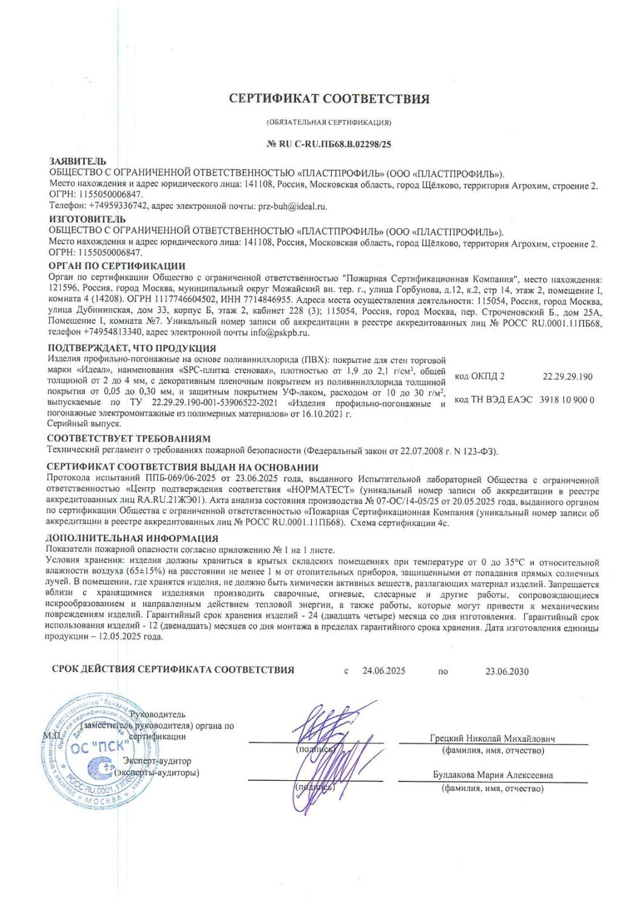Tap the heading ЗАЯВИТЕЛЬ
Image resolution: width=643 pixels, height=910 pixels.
78,161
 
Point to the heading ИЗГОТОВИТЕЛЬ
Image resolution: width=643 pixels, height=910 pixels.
87,219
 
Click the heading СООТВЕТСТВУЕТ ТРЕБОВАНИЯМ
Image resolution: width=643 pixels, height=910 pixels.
128,438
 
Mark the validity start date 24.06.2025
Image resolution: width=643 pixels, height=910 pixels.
384,671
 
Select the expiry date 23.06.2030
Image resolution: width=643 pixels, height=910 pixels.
507,671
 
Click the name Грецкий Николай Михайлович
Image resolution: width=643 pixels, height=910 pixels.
493,739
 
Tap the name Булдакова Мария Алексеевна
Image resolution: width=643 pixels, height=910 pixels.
493,775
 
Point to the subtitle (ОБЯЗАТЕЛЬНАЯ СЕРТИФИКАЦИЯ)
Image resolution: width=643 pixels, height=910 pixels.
329,122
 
